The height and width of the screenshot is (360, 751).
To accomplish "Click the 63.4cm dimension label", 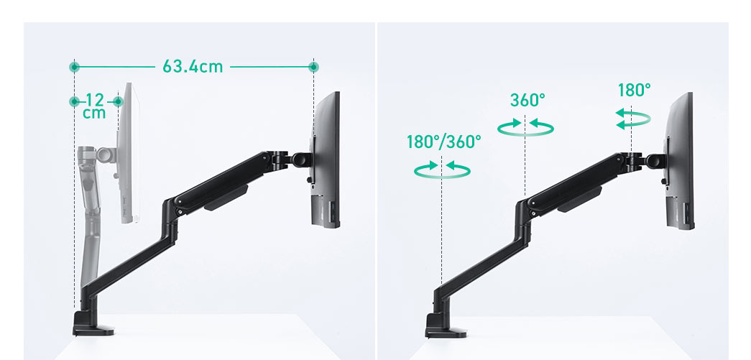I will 193,67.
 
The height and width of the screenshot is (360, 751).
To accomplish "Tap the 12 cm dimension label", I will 95,106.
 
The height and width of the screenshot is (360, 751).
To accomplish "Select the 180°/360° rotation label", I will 443,142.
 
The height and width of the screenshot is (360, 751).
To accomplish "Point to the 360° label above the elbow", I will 527,100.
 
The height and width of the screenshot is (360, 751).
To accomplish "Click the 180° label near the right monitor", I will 634,90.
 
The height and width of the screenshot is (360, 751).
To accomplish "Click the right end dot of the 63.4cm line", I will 313,67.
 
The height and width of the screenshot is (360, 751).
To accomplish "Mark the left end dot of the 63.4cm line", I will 74,67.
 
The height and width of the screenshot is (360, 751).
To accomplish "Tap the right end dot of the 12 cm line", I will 118,102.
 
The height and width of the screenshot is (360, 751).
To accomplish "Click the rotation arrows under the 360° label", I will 526,127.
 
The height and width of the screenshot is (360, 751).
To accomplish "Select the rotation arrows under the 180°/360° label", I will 443,169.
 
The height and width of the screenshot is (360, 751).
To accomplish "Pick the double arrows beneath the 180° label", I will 634,119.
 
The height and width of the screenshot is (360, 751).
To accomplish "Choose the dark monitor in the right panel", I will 681,162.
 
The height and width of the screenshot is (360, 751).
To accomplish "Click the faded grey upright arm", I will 91,216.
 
